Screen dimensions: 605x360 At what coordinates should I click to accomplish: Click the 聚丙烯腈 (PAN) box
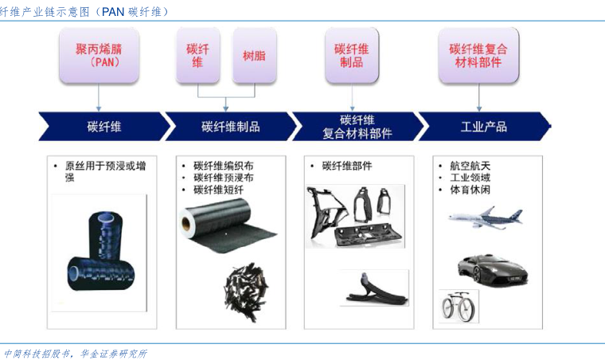[x=99, y=55]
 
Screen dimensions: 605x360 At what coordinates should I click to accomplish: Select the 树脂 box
[x=254, y=55]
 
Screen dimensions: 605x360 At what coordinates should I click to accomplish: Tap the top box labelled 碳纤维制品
[x=352, y=55]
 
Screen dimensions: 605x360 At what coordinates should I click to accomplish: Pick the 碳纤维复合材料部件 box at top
[x=478, y=55]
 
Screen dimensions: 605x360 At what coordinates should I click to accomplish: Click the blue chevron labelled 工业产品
[x=485, y=126]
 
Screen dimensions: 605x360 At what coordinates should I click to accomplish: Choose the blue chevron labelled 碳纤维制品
[x=231, y=126]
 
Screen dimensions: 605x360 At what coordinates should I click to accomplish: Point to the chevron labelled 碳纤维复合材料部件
[x=357, y=126]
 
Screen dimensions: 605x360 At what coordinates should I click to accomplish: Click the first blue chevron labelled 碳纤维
[x=104, y=126]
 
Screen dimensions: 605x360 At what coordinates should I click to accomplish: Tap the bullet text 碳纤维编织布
[x=224, y=166]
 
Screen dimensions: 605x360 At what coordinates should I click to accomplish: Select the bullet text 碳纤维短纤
[x=218, y=190]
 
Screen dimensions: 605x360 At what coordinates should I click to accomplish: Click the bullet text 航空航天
[x=470, y=166]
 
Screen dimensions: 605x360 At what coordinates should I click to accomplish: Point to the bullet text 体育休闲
[x=470, y=190]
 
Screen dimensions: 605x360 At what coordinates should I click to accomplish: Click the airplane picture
[x=486, y=218]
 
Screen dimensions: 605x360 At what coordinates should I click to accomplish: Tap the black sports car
[x=493, y=269]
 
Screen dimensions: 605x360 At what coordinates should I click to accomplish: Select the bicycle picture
[x=459, y=306]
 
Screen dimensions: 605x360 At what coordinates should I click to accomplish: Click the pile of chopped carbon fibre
[x=246, y=292]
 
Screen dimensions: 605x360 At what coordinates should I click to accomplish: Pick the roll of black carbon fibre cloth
[x=226, y=225]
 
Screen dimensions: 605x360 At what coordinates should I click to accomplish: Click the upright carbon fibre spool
[x=105, y=236]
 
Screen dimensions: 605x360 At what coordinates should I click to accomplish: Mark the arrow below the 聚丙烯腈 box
[x=99, y=97]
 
